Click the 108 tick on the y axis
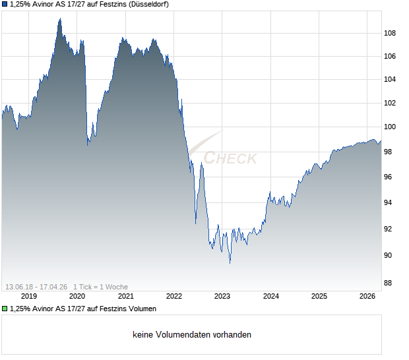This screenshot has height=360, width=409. tap(390, 33)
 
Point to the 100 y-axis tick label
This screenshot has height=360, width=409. tap(390, 127)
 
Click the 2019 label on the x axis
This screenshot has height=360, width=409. tap(28, 296)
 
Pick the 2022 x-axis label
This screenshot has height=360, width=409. tap(173, 296)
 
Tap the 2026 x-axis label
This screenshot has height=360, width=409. tap(367, 296)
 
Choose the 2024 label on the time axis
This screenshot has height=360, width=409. tap(270, 296)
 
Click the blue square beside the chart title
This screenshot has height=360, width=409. tap(4, 5)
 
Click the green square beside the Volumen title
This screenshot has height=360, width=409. tap(4, 309)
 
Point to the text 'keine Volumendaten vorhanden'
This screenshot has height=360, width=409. tap(192, 335)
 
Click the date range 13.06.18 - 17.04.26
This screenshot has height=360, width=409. tap(36, 287)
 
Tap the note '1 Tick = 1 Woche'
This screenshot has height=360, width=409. tap(100, 287)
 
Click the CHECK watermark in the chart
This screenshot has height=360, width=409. tap(230, 158)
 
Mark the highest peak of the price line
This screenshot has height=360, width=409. tap(59, 18)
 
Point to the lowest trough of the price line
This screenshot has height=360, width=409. tap(230, 263)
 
